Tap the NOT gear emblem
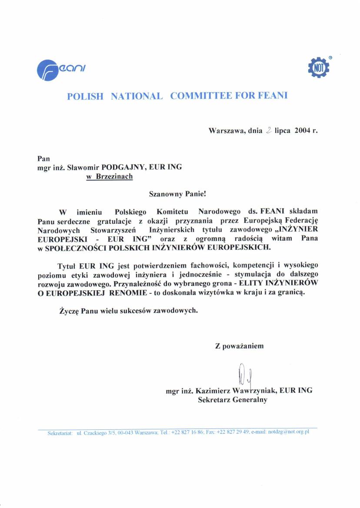[318, 67]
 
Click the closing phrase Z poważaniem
[239, 346]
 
